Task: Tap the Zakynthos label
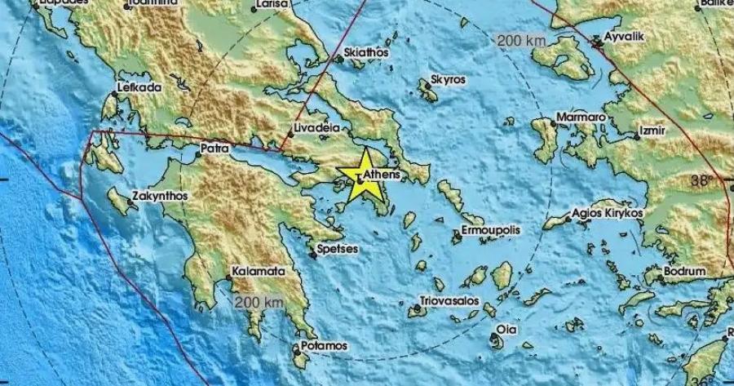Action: point(159,197)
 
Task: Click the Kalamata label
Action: point(259,270)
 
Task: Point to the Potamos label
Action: point(325,346)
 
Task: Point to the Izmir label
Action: point(654,131)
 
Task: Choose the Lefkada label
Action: point(140,87)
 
